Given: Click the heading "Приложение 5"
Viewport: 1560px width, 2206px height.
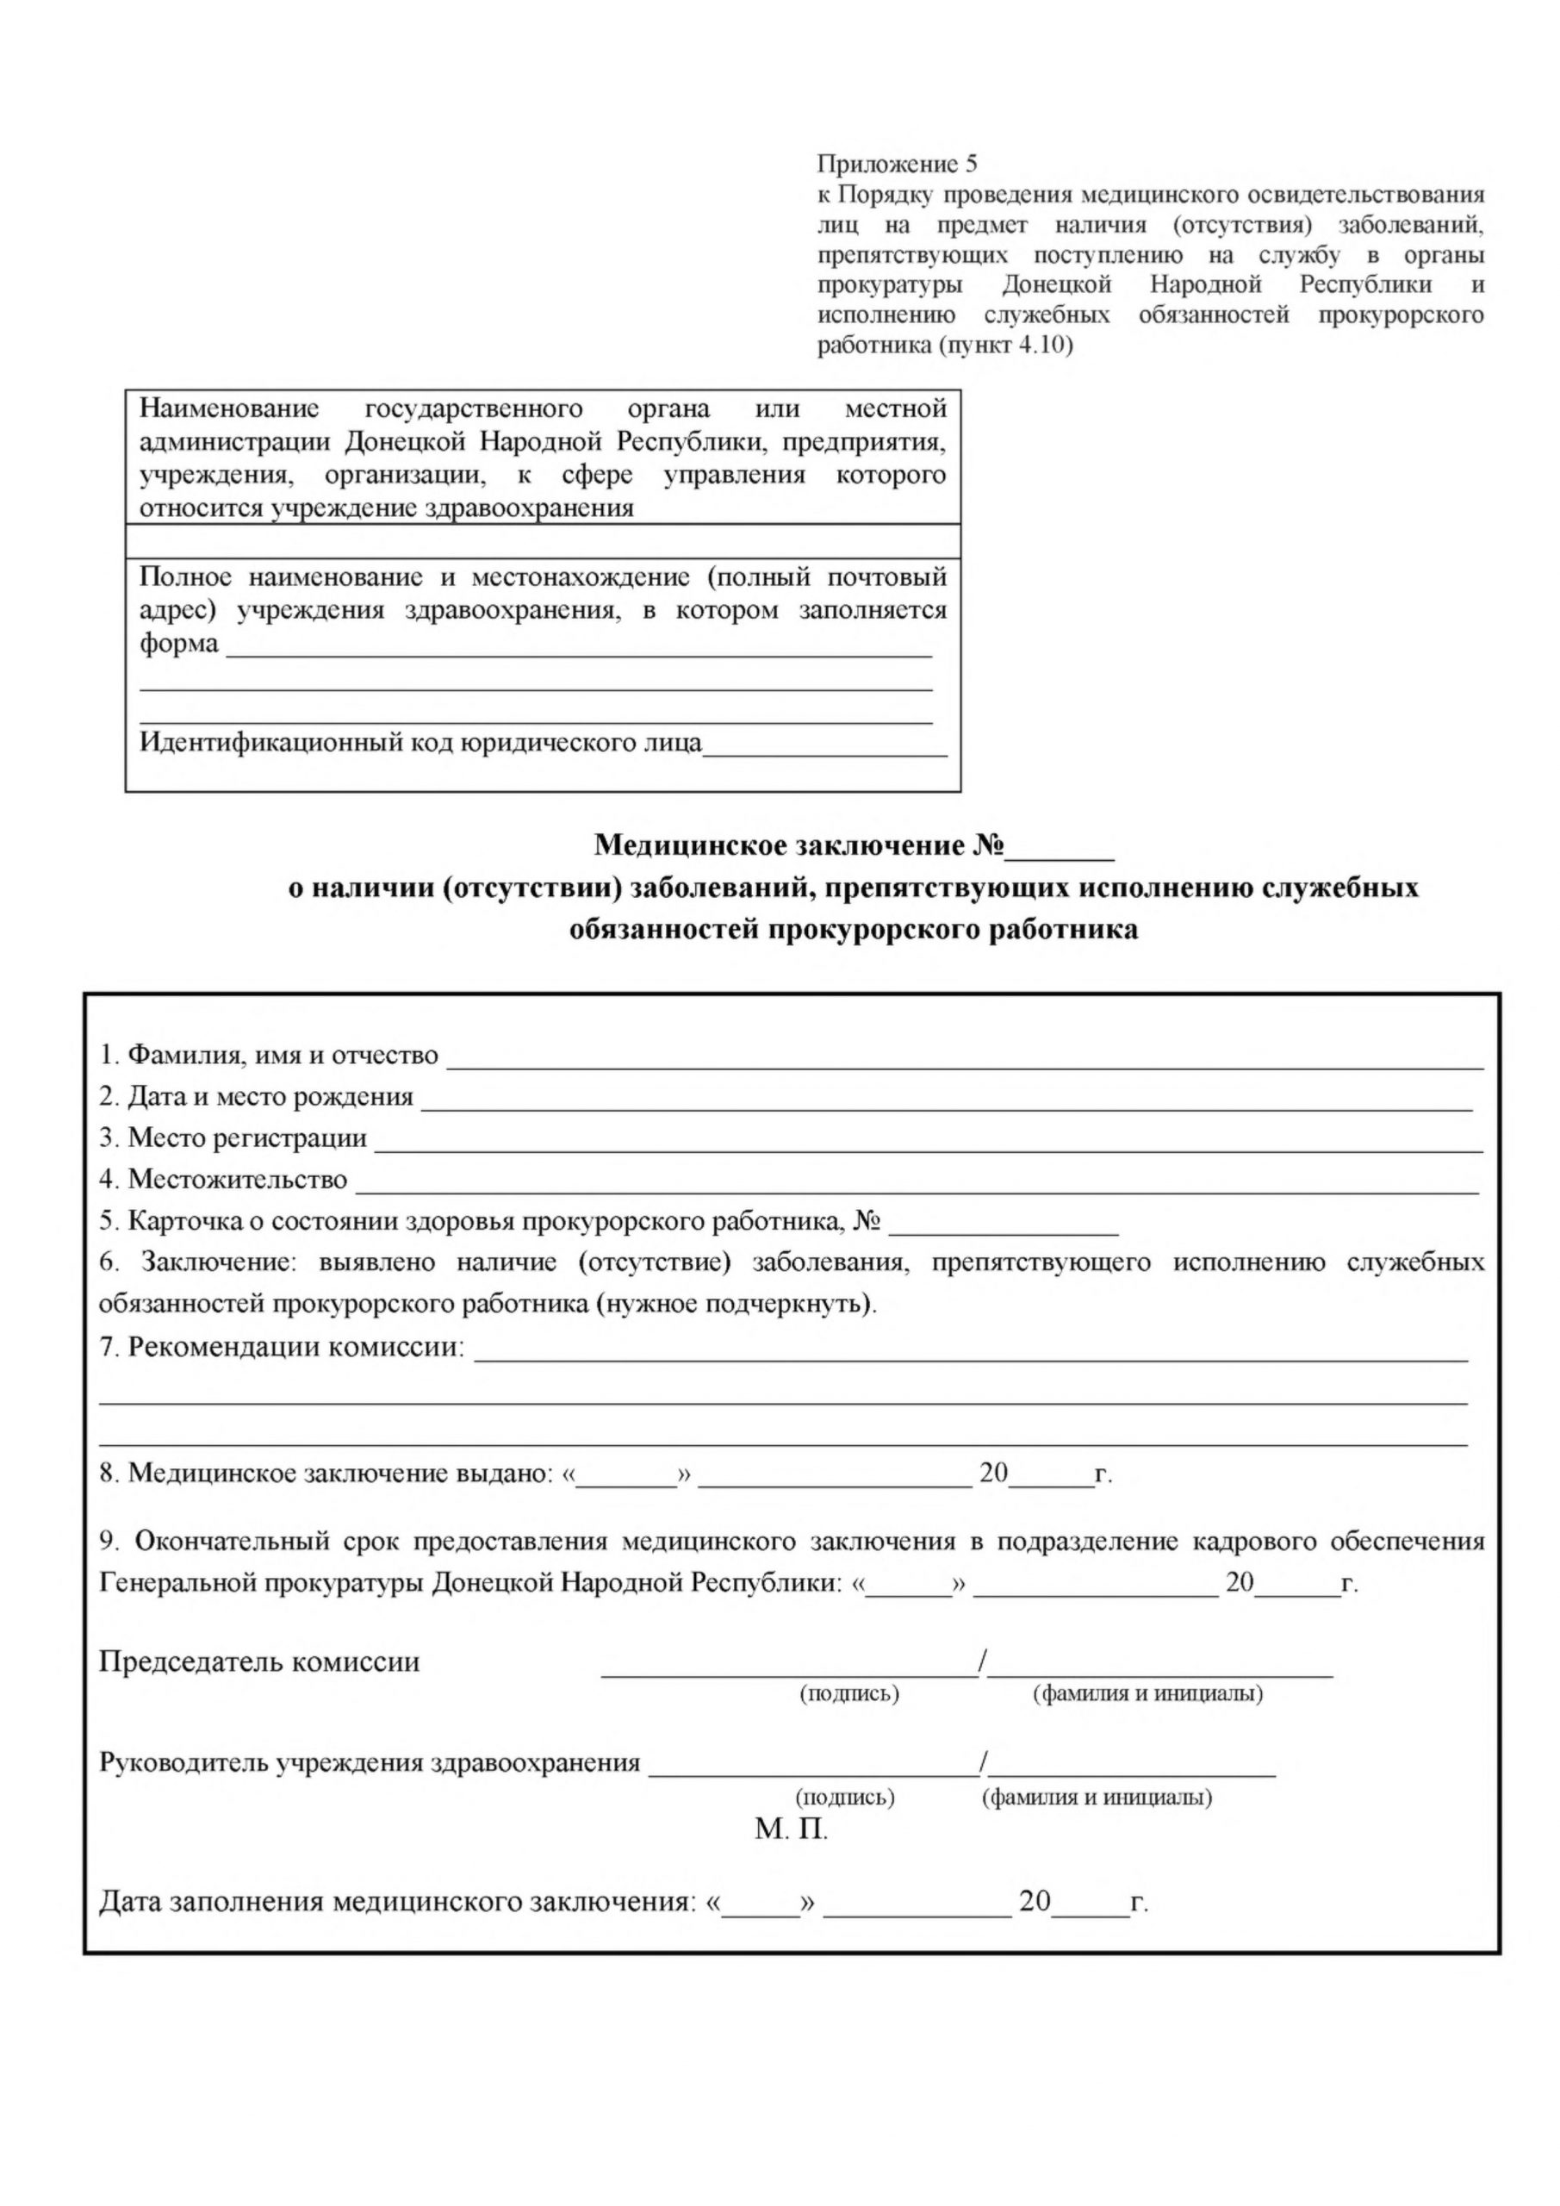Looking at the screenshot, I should (896, 165).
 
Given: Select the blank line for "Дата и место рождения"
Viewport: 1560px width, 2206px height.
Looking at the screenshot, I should (946, 1103).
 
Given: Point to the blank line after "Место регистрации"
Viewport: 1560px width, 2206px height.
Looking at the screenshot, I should (928, 1144).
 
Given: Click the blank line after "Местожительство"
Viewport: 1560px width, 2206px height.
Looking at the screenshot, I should (917, 1186).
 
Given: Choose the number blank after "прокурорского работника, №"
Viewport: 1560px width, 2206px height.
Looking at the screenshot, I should (1004, 1227).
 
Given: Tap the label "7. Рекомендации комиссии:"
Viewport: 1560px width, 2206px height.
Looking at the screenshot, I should (282, 1347).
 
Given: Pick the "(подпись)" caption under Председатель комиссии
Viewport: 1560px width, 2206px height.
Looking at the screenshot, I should (849, 1694).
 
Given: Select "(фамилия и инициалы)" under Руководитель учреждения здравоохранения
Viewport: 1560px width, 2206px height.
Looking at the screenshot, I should (1096, 1798).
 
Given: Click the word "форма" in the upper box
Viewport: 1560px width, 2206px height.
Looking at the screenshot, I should (178, 644).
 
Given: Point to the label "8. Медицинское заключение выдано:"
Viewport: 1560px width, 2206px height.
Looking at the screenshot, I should (327, 1474).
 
